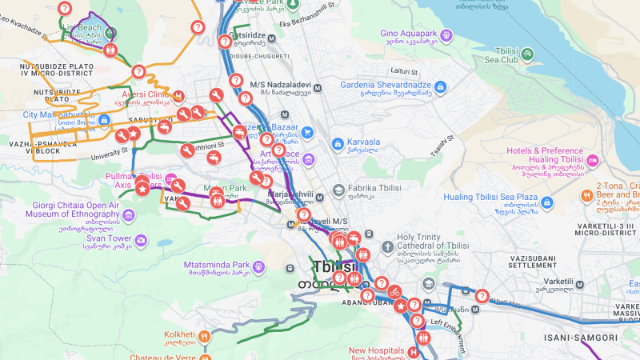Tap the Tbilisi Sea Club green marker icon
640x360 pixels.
click(528, 54)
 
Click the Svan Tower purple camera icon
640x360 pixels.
click(141, 239)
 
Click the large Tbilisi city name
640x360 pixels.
click(336, 267)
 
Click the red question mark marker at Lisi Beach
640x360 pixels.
click(66, 8)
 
